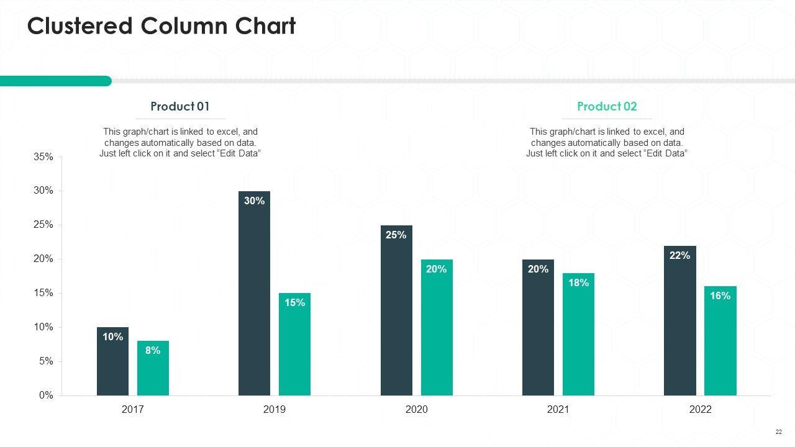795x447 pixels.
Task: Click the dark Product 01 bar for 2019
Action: click(255, 298)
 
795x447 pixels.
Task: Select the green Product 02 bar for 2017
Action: click(153, 372)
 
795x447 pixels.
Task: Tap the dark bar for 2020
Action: click(396, 317)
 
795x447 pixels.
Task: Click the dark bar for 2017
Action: click(112, 366)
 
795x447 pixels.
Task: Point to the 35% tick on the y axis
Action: click(43, 157)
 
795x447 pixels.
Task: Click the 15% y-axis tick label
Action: click(43, 293)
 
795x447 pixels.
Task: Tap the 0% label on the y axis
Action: click(46, 395)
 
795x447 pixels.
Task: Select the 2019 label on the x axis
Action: click(275, 410)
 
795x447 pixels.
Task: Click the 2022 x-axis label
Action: click(700, 410)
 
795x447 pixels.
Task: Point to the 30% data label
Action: click(255, 201)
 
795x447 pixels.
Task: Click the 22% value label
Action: click(680, 255)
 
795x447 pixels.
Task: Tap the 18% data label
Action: click(578, 282)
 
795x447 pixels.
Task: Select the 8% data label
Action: click(153, 350)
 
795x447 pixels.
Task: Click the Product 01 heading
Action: click(180, 106)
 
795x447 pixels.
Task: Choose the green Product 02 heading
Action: click(607, 106)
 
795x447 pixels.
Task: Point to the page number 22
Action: click(778, 432)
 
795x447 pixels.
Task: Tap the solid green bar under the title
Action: click(56, 81)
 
